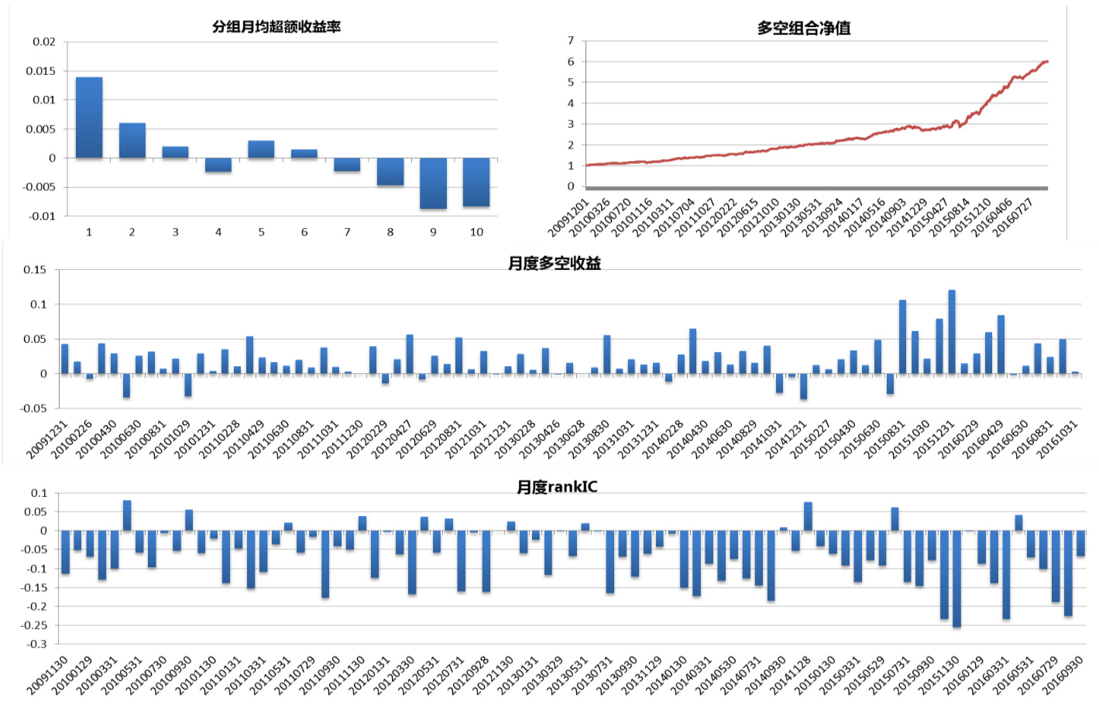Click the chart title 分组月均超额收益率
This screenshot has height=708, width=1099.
click(276, 27)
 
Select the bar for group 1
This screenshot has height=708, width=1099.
click(89, 118)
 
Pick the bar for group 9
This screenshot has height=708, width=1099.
click(433, 183)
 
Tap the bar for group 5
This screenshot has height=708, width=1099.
click(261, 149)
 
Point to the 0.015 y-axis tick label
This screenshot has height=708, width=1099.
click(41, 71)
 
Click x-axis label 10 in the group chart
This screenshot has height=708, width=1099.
click(476, 232)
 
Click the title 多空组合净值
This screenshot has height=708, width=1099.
click(803, 29)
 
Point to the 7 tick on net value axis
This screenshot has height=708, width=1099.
click(571, 40)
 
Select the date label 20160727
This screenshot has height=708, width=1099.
click(1014, 217)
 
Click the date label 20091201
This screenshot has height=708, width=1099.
click(569, 217)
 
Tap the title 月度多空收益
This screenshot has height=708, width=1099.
click(554, 264)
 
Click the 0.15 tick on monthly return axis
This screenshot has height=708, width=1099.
click(35, 270)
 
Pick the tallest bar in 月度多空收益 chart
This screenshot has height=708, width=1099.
click(952, 332)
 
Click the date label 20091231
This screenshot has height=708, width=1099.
click(48, 440)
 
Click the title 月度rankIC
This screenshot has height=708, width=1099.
click(557, 487)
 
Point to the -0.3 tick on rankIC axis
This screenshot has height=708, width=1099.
click(37, 644)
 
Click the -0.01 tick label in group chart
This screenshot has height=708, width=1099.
click(42, 217)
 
